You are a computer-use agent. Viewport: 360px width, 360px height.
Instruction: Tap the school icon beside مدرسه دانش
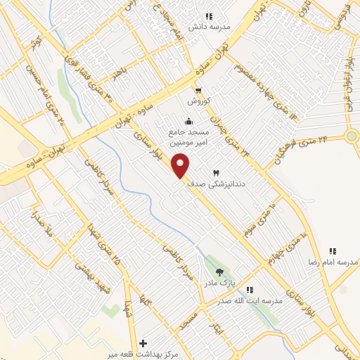[209, 16]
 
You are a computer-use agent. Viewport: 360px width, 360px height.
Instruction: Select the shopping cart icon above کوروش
[199, 91]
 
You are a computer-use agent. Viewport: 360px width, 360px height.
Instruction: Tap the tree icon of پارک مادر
[219, 271]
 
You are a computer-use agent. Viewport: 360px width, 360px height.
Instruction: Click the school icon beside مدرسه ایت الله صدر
[249, 290]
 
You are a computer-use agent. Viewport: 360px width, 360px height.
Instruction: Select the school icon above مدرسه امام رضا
[333, 251]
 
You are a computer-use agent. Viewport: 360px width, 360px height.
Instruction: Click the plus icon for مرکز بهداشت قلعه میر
[143, 343]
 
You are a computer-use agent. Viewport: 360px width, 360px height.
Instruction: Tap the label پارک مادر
[219, 283]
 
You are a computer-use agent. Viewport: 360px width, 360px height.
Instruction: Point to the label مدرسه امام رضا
[333, 262]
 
